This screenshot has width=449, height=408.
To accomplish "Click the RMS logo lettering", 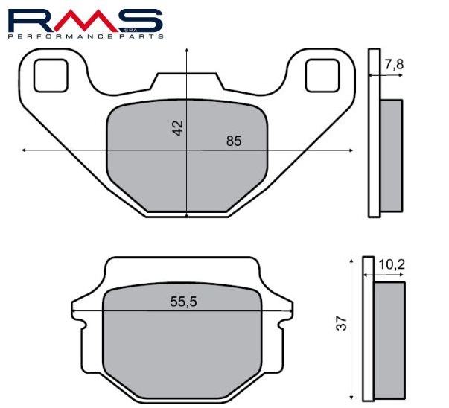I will point(86,19).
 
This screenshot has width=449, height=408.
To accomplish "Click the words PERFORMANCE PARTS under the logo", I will point(86,36).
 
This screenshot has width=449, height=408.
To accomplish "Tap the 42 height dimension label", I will point(177,127).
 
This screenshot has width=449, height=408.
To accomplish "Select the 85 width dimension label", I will point(234,141).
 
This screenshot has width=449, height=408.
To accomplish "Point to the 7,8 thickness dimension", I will point(395,65).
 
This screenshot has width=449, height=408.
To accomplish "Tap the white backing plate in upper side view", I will point(374,134).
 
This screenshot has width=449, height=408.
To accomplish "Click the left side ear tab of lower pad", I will point(78,313).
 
